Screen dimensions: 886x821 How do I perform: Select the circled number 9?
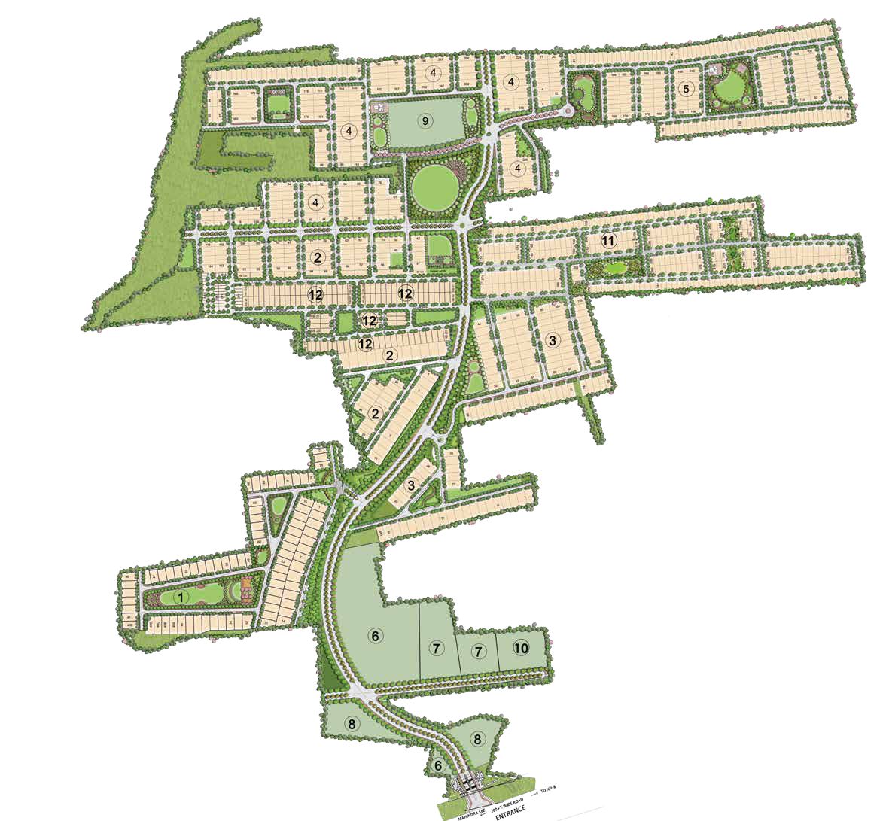pyautogui.click(x=425, y=120)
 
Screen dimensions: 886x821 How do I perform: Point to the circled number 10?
pyautogui.click(x=521, y=648)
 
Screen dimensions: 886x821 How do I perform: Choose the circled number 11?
pyautogui.click(x=609, y=242)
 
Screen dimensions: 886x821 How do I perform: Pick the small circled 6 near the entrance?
pyautogui.click(x=437, y=765)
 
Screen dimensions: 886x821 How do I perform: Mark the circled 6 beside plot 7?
pyautogui.click(x=374, y=636)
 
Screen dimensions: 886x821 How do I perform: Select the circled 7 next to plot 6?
pyautogui.click(x=435, y=647)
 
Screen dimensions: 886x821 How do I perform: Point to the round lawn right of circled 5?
pyautogui.click(x=727, y=90)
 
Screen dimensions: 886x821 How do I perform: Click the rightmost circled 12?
pyautogui.click(x=405, y=293)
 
